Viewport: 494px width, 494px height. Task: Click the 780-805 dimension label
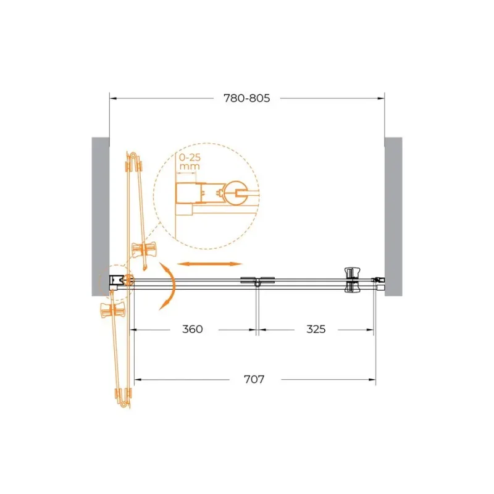[x=246, y=98]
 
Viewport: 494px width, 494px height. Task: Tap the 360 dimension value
[x=192, y=329]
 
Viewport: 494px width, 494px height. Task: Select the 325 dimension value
[x=316, y=329]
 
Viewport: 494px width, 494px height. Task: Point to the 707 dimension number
[x=254, y=379]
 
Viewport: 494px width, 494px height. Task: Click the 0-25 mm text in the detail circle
[x=190, y=161]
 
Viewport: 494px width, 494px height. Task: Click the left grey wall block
[x=101, y=217]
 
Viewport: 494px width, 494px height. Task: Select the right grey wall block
[x=393, y=217]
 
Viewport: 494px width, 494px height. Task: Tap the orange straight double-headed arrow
[x=209, y=264]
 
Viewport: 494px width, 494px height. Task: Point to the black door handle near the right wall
[x=352, y=280]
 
